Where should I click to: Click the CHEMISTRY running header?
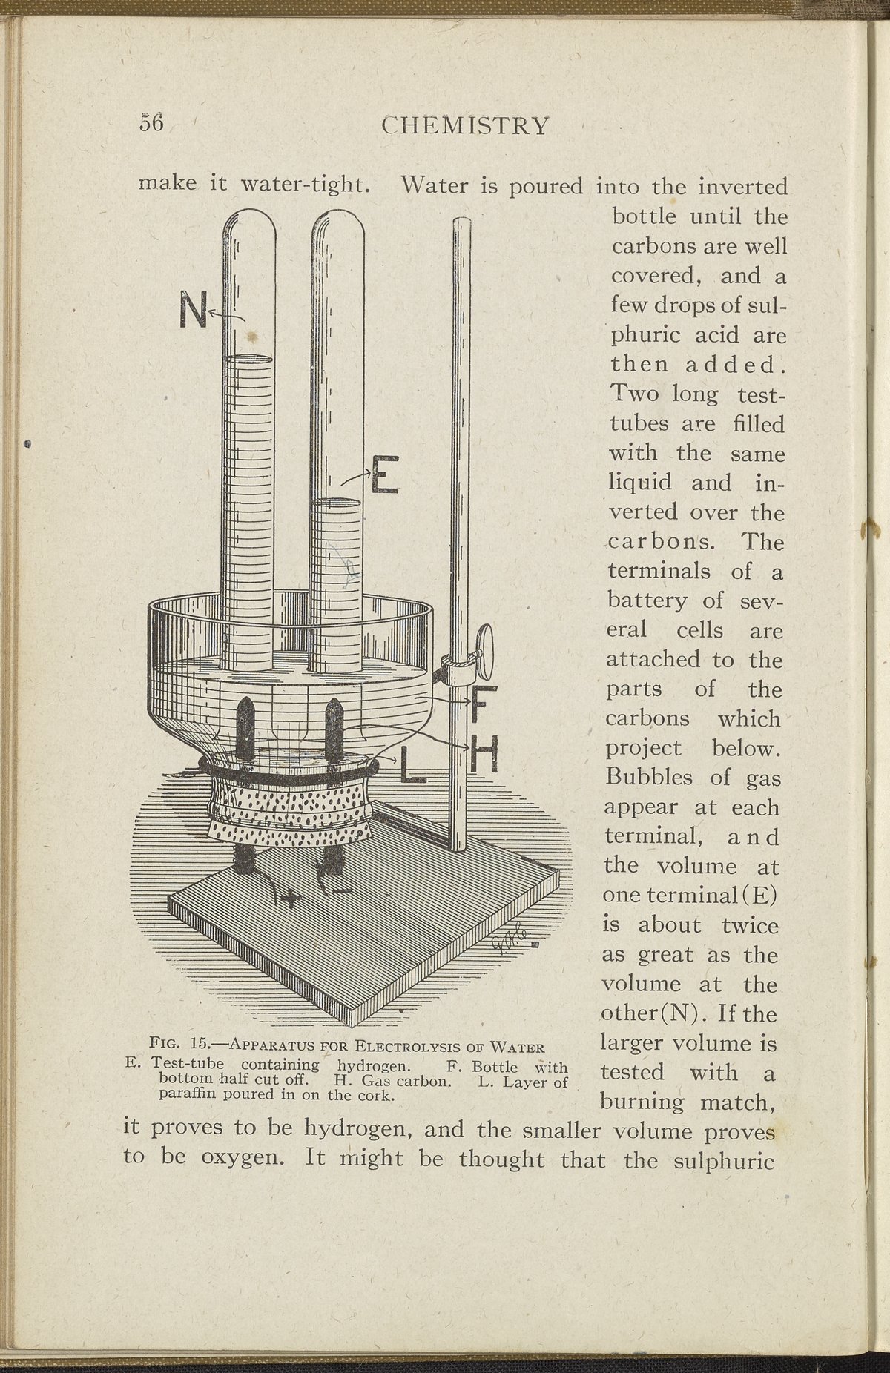(466, 125)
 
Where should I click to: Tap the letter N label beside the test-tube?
(193, 311)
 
